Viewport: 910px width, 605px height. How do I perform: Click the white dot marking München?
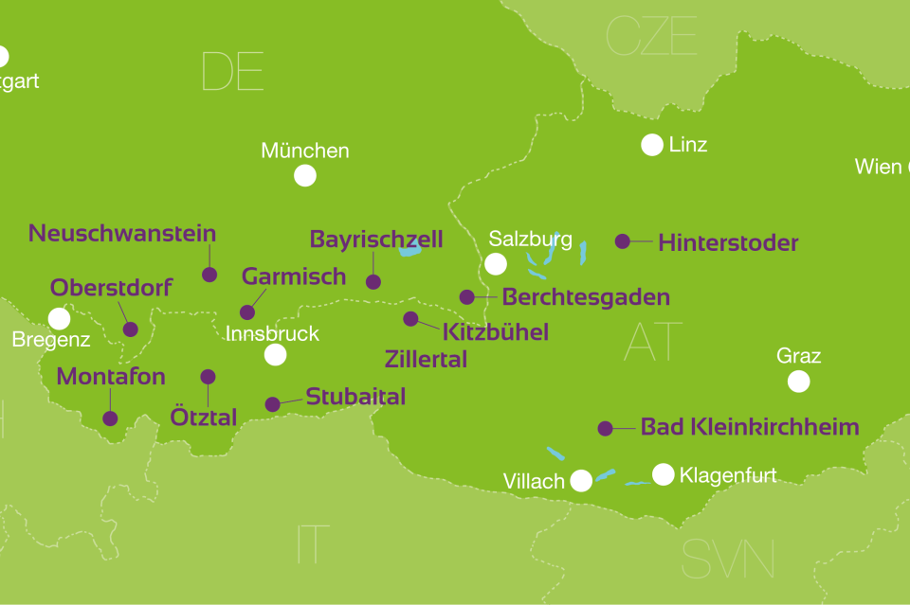[304, 175]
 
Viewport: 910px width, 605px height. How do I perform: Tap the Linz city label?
[688, 145]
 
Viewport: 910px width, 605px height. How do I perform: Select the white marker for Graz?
[799, 382]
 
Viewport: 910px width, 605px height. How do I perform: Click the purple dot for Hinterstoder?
[623, 241]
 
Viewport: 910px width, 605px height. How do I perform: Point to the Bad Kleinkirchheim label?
[750, 427]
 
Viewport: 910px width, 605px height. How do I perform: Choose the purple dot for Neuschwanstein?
[209, 275]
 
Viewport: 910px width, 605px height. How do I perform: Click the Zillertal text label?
[426, 360]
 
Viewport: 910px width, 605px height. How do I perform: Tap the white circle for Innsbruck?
[275, 355]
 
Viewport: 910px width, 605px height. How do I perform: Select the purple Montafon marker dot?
[110, 418]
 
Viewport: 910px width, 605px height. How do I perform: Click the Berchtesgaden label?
[586, 297]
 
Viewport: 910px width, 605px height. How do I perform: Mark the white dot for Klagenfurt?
[663, 474]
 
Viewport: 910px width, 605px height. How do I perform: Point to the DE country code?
[232, 72]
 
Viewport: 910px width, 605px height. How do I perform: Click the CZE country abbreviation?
[651, 36]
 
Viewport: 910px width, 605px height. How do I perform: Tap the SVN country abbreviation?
[728, 559]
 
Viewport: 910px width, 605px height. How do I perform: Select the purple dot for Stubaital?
[272, 404]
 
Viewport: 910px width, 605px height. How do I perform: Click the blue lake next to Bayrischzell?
[409, 249]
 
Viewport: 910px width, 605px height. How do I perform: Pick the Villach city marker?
[581, 481]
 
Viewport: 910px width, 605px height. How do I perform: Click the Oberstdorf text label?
[111, 287]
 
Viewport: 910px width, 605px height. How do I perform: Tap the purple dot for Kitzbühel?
[410, 319]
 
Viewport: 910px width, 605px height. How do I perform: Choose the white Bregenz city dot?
[59, 318]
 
